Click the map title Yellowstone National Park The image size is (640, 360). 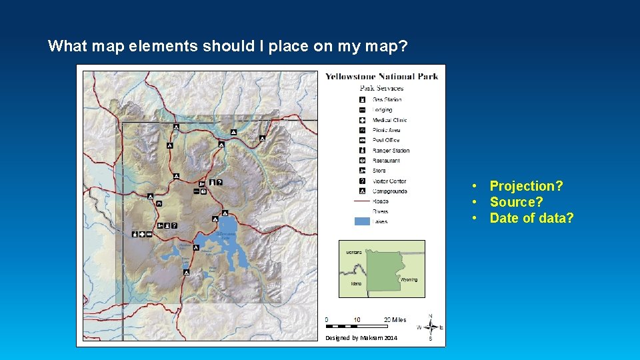point(381,76)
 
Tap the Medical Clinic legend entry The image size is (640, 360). point(389,120)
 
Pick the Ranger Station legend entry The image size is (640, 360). point(391,151)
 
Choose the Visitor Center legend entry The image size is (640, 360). point(389,181)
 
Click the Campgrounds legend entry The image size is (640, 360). point(390,191)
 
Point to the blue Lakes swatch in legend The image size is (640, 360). point(361,221)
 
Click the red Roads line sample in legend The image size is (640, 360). point(361,201)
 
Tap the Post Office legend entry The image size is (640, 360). point(386,140)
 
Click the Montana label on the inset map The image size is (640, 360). point(354,253)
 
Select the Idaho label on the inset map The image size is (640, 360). point(356,283)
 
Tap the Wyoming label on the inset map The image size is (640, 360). point(409,280)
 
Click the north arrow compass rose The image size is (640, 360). point(430,327)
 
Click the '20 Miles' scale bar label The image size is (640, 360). point(395,320)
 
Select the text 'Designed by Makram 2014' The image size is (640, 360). point(361,339)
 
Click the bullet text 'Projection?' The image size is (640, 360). point(526,186)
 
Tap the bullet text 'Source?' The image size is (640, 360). point(516,202)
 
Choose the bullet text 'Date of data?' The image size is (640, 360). point(531,218)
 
